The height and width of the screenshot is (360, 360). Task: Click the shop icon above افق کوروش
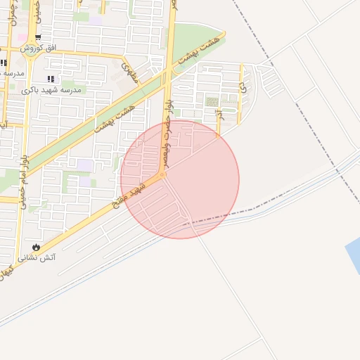(x=38, y=37)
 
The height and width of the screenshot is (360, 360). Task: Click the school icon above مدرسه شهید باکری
(x=50, y=79)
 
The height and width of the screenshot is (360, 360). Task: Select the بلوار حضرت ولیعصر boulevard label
(x=169, y=112)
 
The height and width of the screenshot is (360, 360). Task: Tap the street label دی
(x=243, y=88)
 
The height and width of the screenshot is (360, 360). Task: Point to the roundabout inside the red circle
(x=163, y=176)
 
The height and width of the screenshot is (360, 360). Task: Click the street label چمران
(x=14, y=12)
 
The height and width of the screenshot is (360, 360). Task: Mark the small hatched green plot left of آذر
(x=211, y=103)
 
